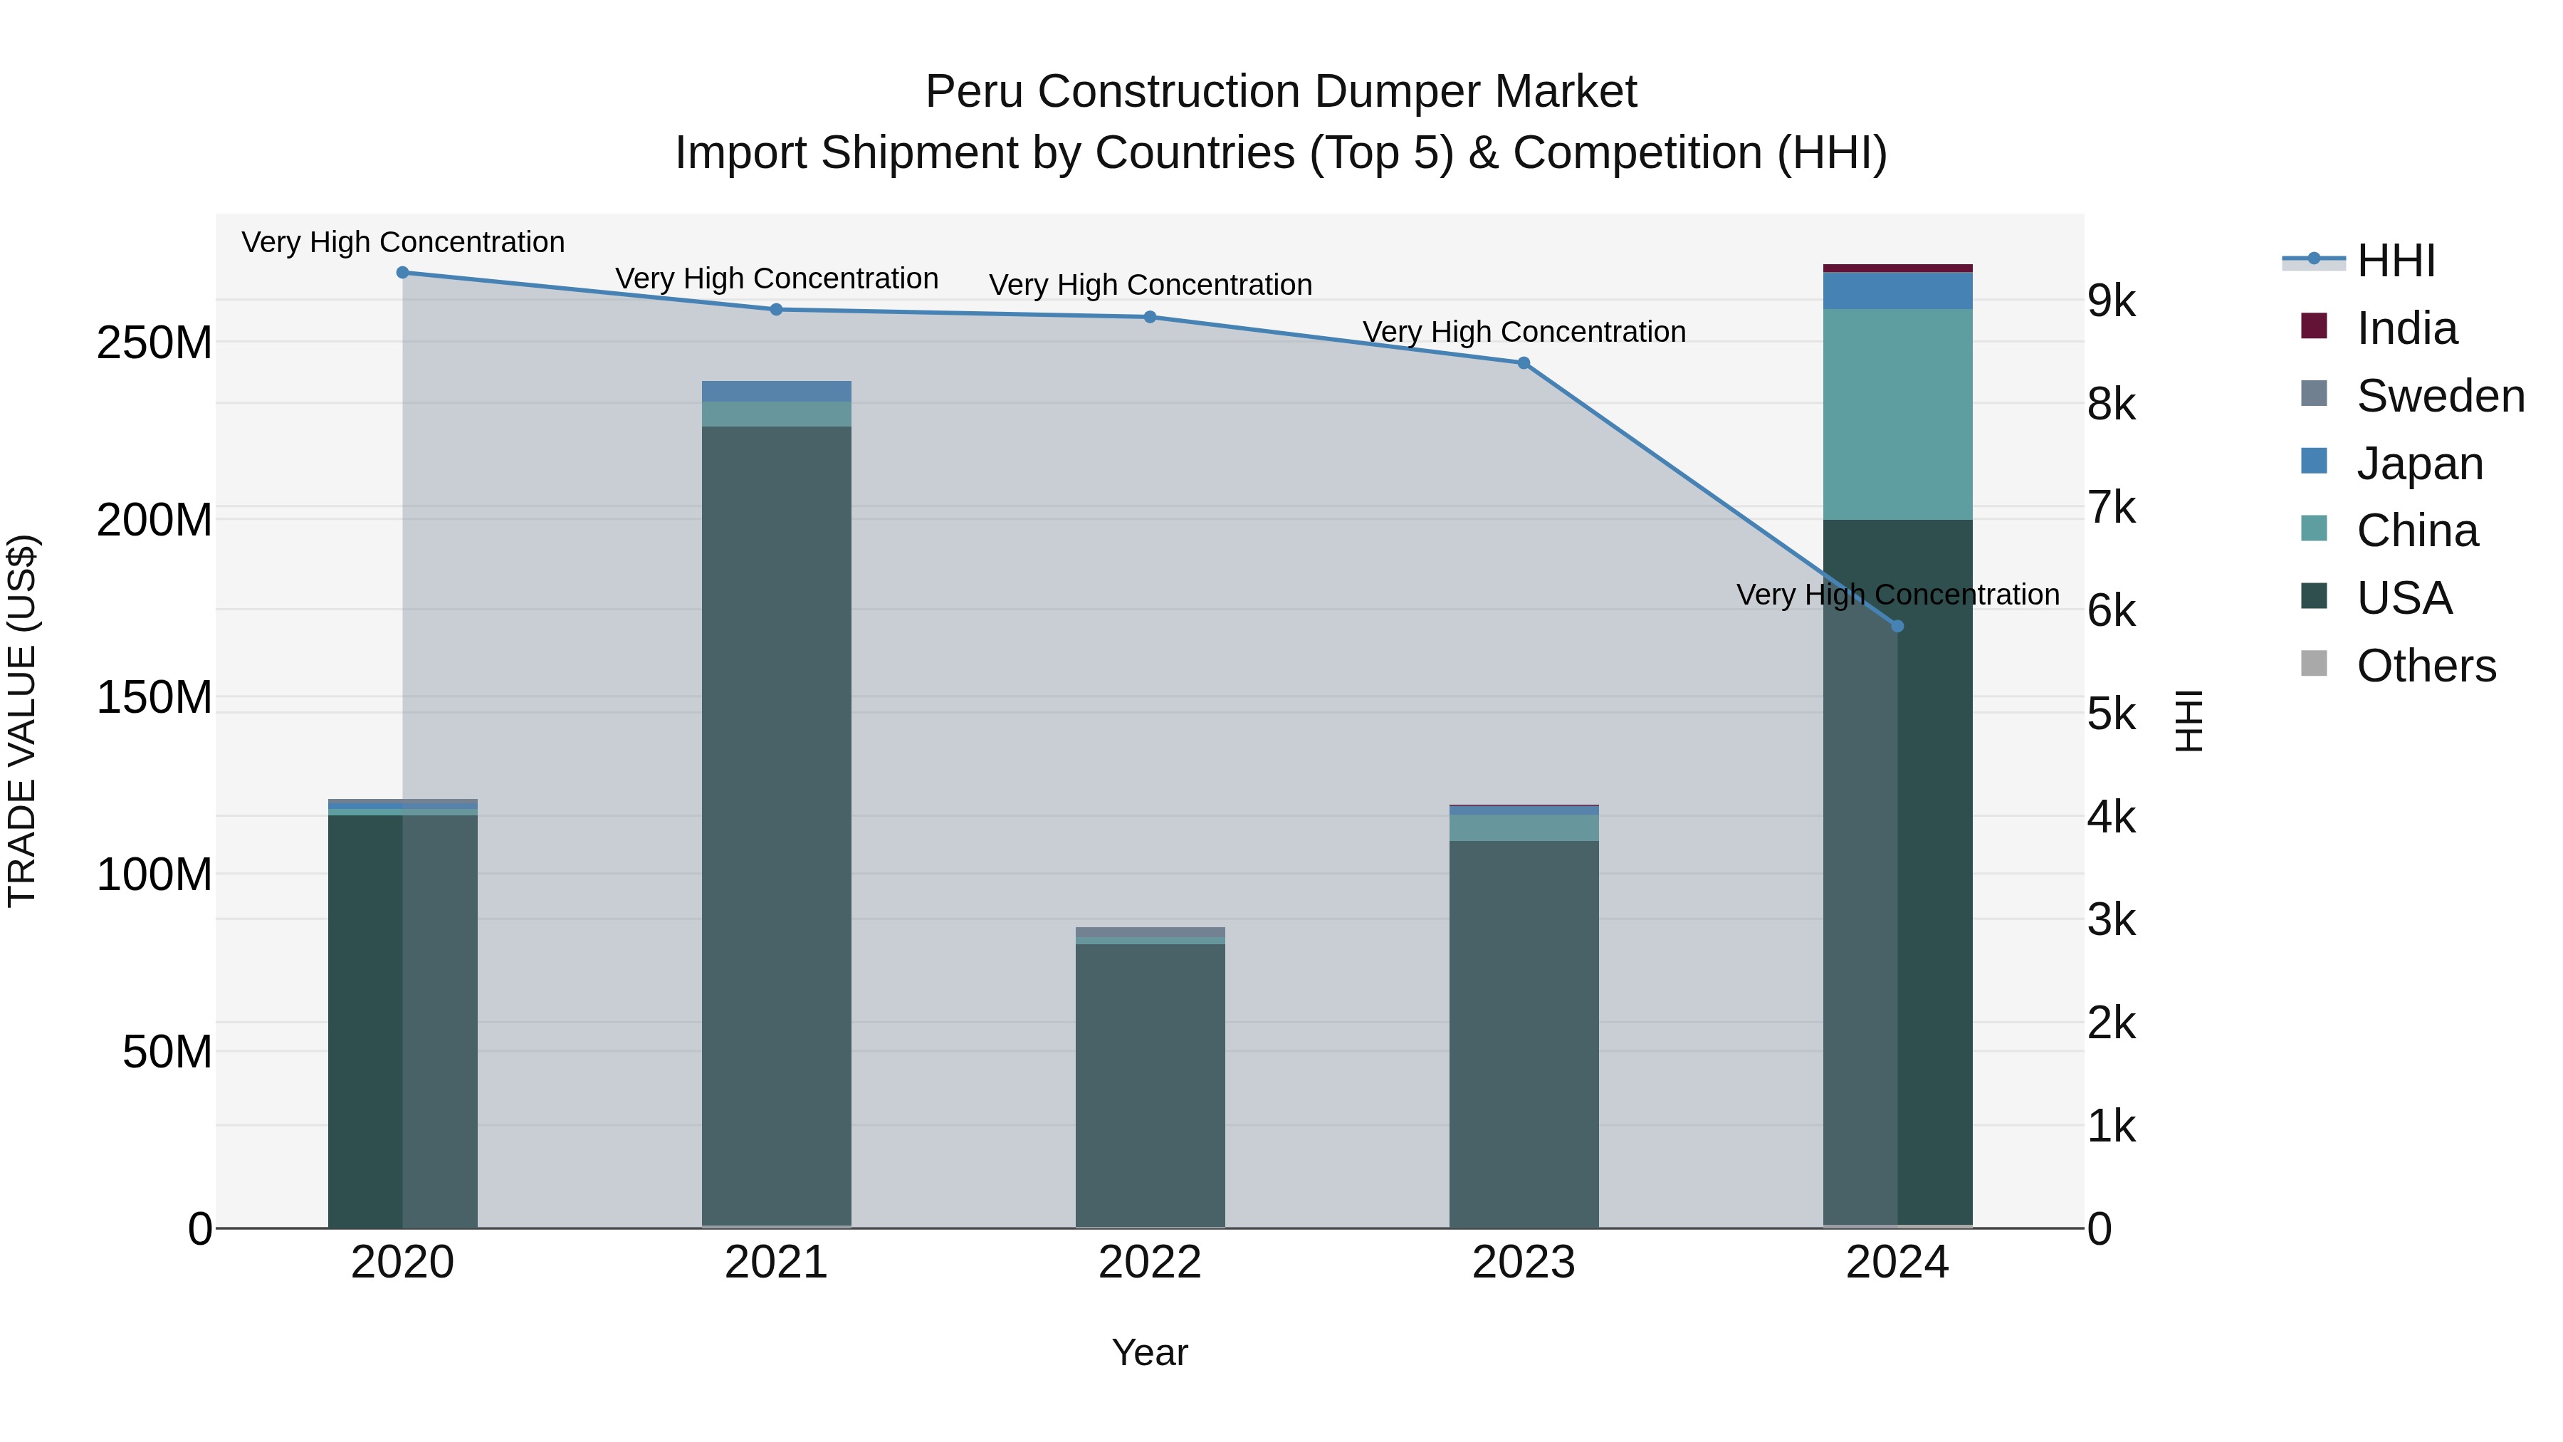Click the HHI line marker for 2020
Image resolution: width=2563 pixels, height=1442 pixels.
click(x=403, y=273)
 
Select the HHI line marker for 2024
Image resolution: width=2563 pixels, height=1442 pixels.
click(x=1897, y=626)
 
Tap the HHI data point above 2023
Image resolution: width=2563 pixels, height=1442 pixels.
click(x=1524, y=363)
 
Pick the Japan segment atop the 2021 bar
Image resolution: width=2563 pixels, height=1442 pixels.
click(x=776, y=391)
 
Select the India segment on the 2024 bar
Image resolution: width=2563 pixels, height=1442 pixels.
click(x=1897, y=268)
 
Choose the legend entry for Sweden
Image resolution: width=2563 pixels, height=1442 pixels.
click(x=2440, y=396)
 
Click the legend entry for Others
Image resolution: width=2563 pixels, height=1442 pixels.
click(x=2426, y=666)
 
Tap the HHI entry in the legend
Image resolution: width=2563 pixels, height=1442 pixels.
click(x=2395, y=261)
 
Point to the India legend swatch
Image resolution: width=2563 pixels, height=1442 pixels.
click(x=2315, y=326)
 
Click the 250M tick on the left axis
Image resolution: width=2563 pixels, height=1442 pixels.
click(x=154, y=343)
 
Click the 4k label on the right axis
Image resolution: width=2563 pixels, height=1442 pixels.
click(x=2112, y=817)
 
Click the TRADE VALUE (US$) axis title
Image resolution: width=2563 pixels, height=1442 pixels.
click(x=22, y=721)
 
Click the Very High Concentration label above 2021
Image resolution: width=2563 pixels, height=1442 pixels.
click(x=776, y=278)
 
